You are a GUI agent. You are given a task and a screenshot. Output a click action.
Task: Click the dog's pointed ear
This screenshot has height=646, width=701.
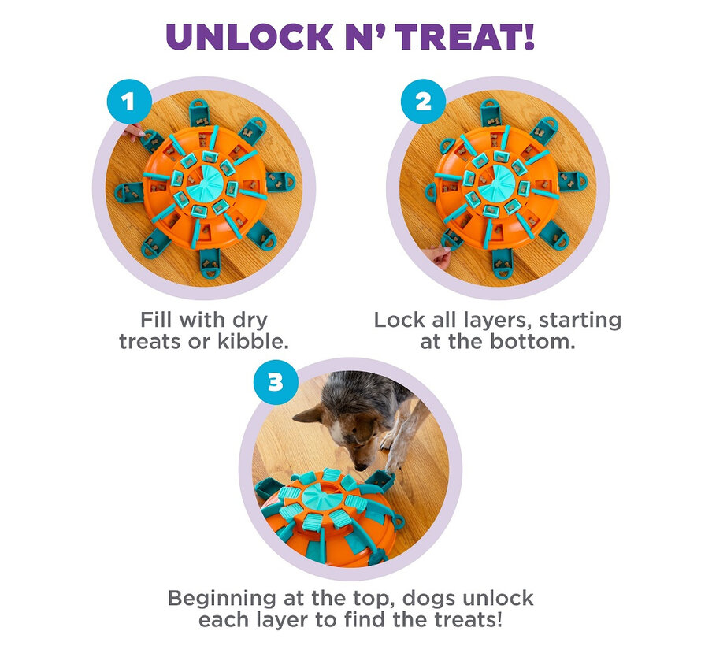[x=308, y=416]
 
